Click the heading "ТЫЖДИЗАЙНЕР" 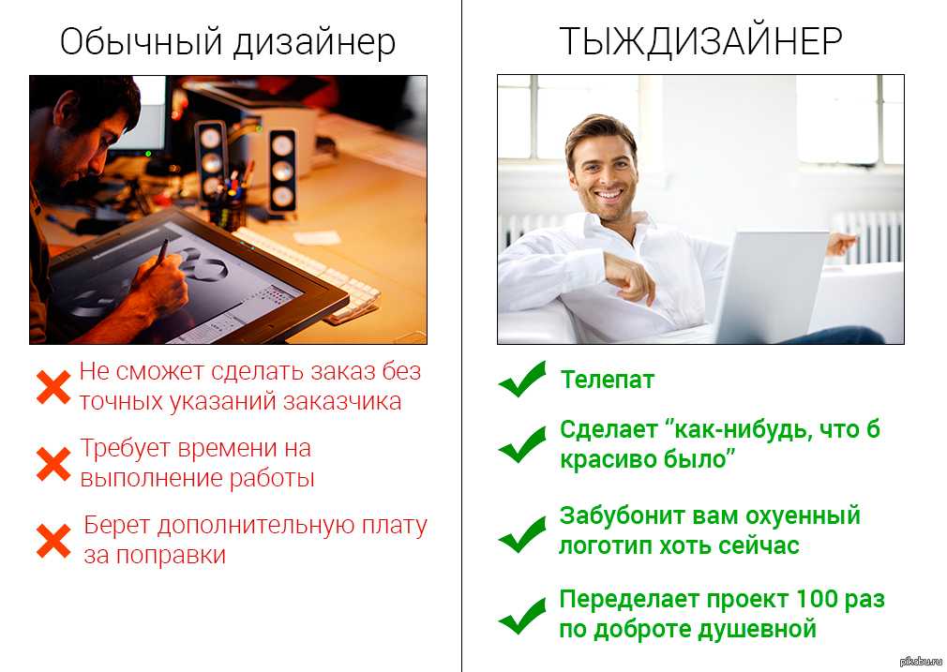(700, 41)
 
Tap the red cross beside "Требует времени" (53, 463)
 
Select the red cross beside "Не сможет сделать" (53, 386)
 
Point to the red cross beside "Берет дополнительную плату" (53, 540)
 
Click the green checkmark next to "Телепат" (522, 380)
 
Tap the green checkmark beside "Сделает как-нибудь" (522, 444)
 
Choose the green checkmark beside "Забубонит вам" (522, 531)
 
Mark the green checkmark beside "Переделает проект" (522, 615)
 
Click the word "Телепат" (607, 380)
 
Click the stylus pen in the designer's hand (161, 252)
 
